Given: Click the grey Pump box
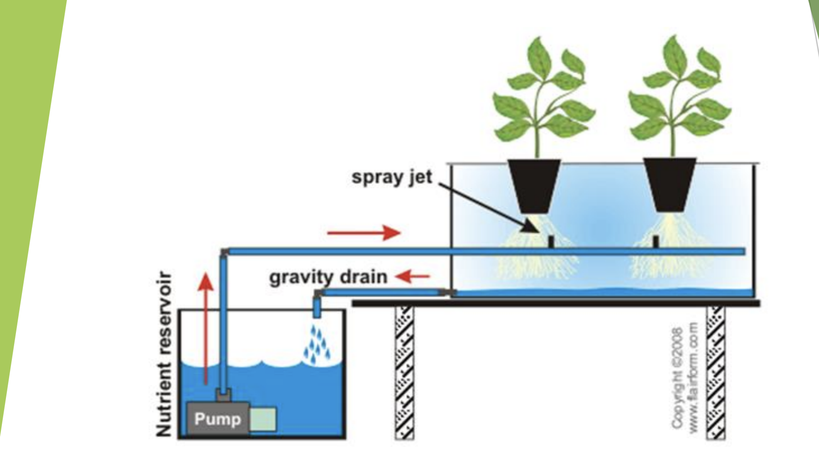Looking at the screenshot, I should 218,419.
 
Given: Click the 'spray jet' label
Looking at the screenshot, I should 391,177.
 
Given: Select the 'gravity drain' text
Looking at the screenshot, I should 328,277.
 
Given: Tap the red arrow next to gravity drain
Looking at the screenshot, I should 412,276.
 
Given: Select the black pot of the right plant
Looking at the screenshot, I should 669,184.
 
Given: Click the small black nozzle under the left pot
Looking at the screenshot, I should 551,241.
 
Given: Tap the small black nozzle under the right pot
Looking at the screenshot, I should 655,241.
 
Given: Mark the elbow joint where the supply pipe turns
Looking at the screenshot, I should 224,252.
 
